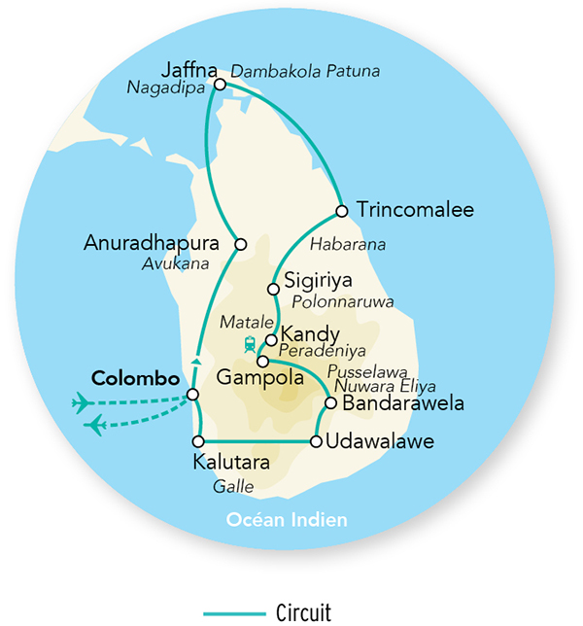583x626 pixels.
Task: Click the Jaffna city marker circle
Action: tap(220, 85)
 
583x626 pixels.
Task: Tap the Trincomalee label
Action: tap(401, 210)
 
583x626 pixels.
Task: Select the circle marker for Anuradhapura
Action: tap(241, 244)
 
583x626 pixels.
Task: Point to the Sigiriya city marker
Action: tap(274, 289)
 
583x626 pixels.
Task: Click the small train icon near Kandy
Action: tap(251, 343)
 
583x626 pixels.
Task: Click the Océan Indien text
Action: tap(287, 520)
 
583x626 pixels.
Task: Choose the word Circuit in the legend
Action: tap(303, 612)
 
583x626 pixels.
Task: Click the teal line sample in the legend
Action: tap(233, 613)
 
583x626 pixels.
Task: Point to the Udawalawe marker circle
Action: tap(316, 442)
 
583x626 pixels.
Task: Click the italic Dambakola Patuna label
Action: tap(305, 71)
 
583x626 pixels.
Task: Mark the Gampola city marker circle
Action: tap(262, 361)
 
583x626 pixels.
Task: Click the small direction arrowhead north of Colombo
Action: tap(197, 362)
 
